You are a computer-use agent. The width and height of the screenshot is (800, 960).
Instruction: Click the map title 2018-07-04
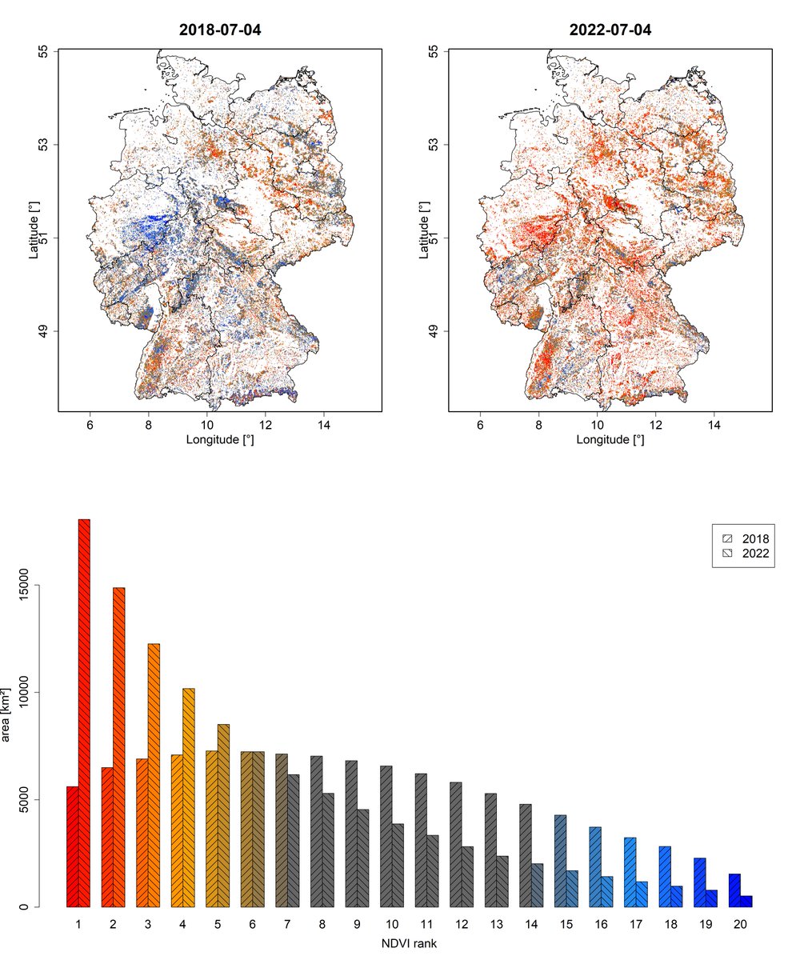pyautogui.click(x=220, y=30)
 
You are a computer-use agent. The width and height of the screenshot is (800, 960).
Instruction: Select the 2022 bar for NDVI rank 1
pyautogui.click(x=84, y=712)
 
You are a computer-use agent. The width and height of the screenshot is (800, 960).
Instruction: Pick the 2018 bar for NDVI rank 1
pyautogui.click(x=72, y=846)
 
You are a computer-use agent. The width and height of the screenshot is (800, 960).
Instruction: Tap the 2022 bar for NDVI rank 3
pyautogui.click(x=154, y=774)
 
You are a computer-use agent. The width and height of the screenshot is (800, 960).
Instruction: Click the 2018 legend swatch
pyautogui.click(x=727, y=538)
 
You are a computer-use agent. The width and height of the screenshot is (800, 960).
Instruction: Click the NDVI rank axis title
pyautogui.click(x=409, y=944)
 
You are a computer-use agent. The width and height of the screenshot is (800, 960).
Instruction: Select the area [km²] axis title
pyautogui.click(x=10, y=712)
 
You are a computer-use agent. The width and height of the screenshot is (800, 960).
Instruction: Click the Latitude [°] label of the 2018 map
pyautogui.click(x=34, y=230)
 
